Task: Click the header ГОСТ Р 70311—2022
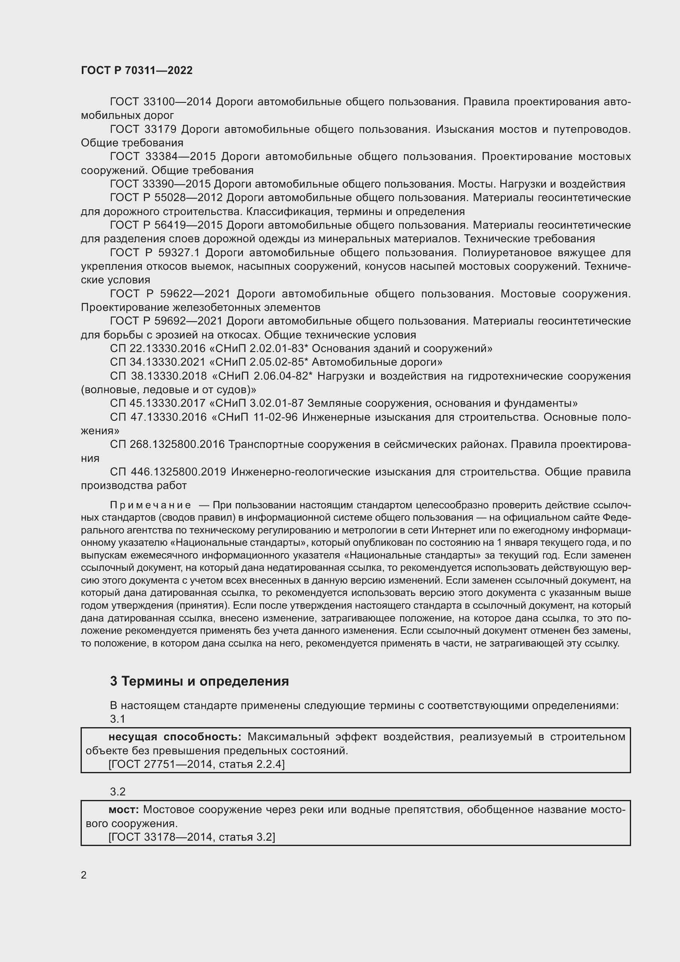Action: pos(136,70)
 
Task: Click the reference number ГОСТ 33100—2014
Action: pos(161,102)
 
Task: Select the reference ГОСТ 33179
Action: pos(143,130)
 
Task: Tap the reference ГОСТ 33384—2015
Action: pos(162,157)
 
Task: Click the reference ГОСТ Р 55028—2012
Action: pos(166,198)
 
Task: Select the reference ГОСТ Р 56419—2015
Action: pos(166,225)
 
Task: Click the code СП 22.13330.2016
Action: pos(158,349)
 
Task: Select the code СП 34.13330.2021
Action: pos(158,362)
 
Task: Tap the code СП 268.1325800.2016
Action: pos(167,444)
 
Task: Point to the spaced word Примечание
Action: pos(150,505)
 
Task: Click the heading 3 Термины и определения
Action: pos(199,681)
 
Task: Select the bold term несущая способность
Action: pos(175,737)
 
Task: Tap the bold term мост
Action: pos(123,810)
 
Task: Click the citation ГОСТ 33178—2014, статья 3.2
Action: pos(191,837)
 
